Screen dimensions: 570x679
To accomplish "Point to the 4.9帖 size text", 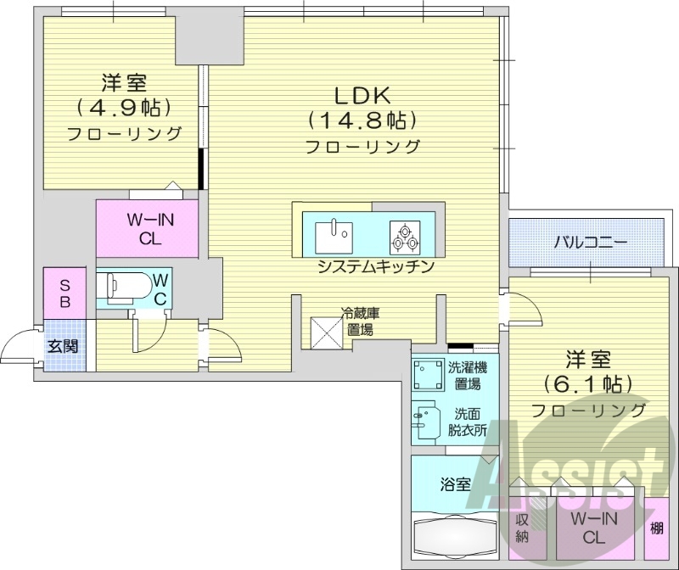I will tap(125, 108).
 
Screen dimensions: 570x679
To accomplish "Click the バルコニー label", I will tap(591, 243).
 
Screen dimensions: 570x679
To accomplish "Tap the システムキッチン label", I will tap(375, 266).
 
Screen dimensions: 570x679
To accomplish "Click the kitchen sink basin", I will tap(333, 234).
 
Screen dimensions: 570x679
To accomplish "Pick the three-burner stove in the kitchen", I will tap(406, 234).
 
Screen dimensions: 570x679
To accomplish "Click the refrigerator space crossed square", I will tap(326, 331).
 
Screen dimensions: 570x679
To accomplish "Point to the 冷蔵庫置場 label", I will tap(360, 321).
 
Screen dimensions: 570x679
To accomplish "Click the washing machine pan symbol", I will tap(427, 373).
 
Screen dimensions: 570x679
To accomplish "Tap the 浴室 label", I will tap(455, 484).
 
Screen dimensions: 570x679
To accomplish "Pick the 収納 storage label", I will tap(524, 528).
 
